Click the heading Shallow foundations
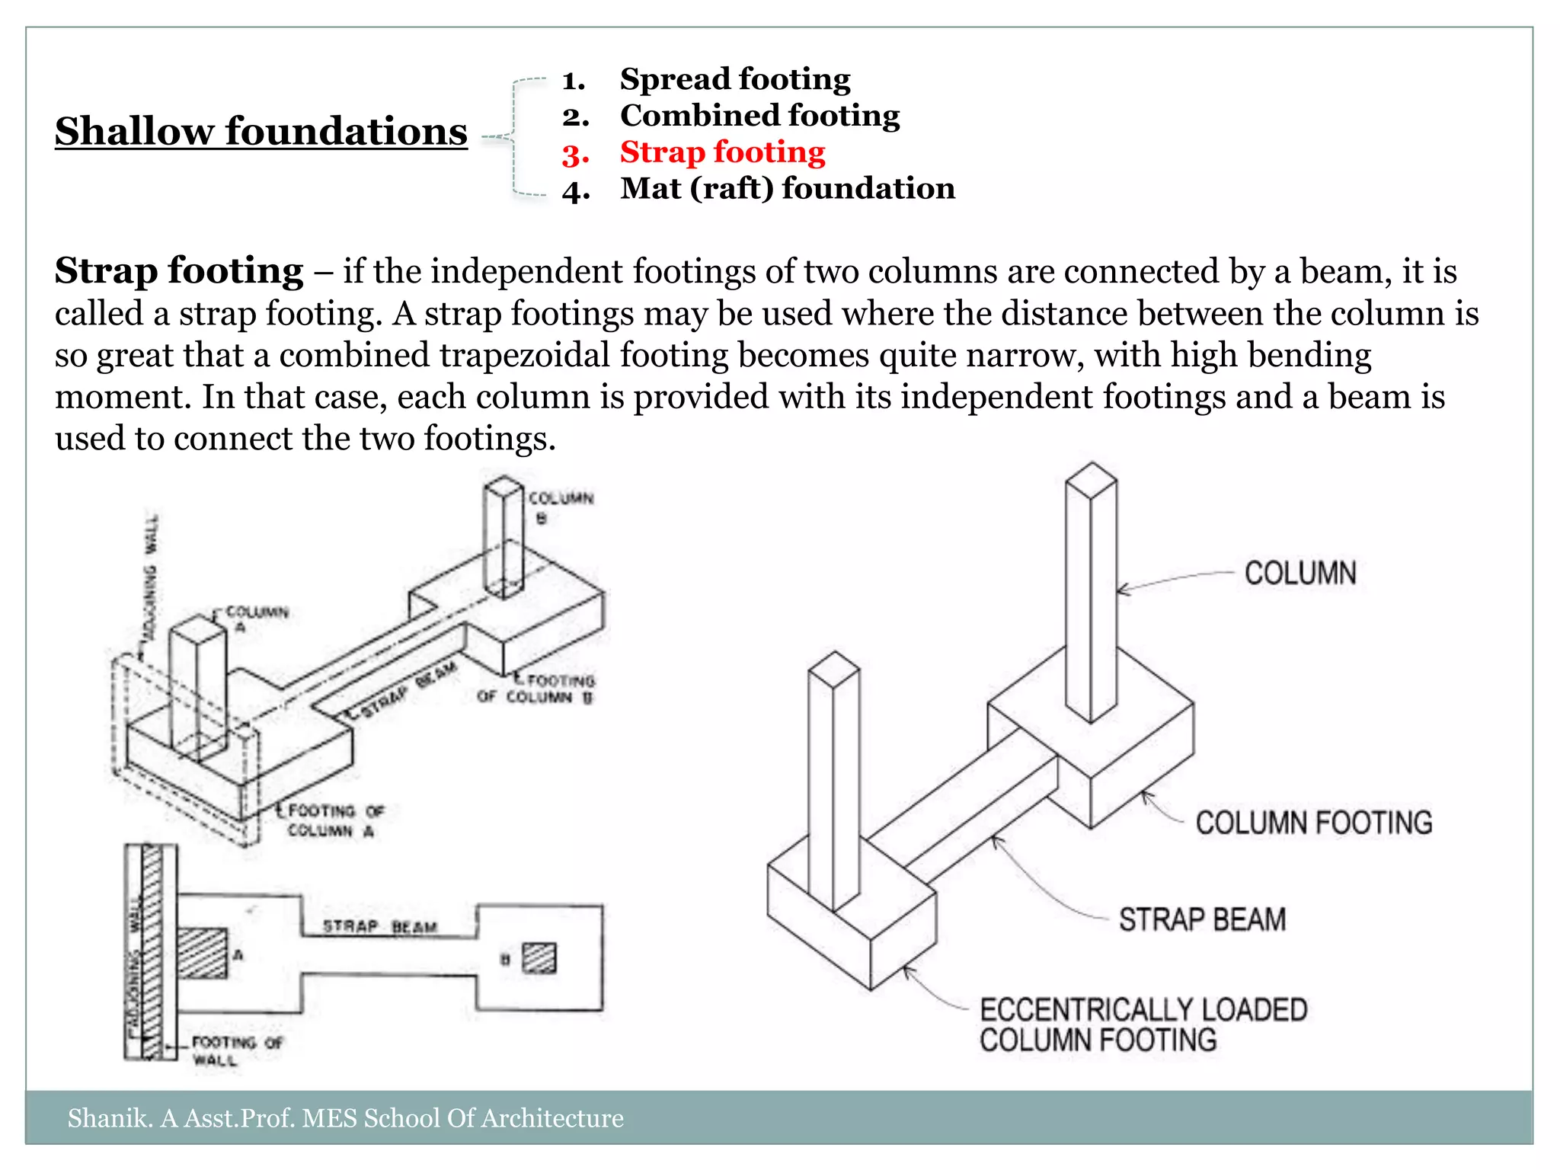(261, 131)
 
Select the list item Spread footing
(734, 79)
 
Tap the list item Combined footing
(759, 116)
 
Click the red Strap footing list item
(722, 152)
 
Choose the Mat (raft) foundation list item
(787, 189)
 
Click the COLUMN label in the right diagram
(1299, 574)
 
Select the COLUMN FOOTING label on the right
(1313, 823)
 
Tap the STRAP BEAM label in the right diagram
(1202, 920)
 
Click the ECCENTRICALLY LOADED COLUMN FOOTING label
(1142, 1025)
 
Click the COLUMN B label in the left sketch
(560, 507)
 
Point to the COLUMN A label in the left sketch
(257, 619)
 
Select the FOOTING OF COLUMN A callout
(335, 820)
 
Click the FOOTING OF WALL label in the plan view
(235, 1050)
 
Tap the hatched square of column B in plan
(539, 958)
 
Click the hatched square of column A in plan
(203, 953)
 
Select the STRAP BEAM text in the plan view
(379, 927)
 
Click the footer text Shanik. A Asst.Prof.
(344, 1118)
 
